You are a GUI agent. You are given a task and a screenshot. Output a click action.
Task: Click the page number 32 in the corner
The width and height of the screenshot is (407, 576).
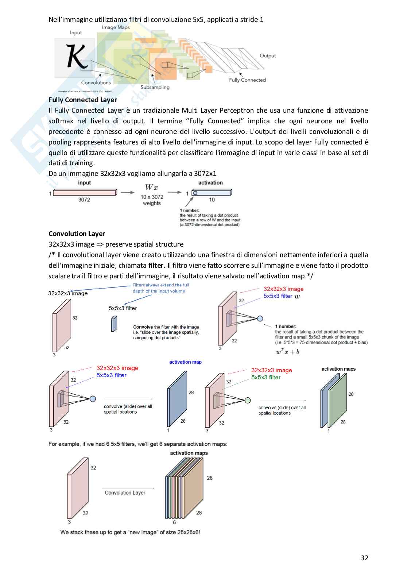[364, 558]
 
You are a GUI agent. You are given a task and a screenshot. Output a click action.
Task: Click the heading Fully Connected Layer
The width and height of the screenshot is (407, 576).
[83, 100]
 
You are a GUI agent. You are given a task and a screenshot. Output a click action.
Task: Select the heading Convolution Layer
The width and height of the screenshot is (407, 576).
[77, 234]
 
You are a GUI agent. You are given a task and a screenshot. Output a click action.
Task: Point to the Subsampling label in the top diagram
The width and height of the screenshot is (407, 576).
[155, 88]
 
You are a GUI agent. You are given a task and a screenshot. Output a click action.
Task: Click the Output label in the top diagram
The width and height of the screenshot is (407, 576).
[268, 56]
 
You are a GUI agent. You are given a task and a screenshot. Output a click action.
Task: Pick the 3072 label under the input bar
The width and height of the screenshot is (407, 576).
[84, 200]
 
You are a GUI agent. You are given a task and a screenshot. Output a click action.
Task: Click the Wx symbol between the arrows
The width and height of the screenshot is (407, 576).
[151, 188]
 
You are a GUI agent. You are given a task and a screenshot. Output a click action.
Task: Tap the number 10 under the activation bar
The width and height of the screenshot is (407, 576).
[212, 200]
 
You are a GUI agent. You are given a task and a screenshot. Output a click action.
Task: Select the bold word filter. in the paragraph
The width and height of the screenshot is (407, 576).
[156, 266]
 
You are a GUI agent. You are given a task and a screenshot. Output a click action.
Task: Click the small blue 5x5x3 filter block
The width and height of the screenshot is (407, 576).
[114, 324]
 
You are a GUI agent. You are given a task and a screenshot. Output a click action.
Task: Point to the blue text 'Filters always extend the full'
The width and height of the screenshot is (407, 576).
[161, 285]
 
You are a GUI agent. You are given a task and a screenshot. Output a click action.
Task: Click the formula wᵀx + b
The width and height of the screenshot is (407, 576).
[288, 352]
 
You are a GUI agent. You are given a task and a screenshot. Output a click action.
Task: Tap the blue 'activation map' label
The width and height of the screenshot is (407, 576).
[185, 362]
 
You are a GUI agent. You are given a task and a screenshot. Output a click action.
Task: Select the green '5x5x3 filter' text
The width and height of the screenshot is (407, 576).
[266, 378]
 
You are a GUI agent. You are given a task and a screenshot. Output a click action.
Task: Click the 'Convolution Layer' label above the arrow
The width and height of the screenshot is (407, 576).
[125, 493]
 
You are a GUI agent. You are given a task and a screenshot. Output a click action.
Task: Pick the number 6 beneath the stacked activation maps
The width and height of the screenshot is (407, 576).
[174, 522]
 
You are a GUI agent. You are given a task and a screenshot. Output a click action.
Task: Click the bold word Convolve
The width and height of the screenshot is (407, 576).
[143, 327]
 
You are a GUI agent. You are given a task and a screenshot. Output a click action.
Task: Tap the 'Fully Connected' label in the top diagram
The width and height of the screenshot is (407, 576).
[247, 80]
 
